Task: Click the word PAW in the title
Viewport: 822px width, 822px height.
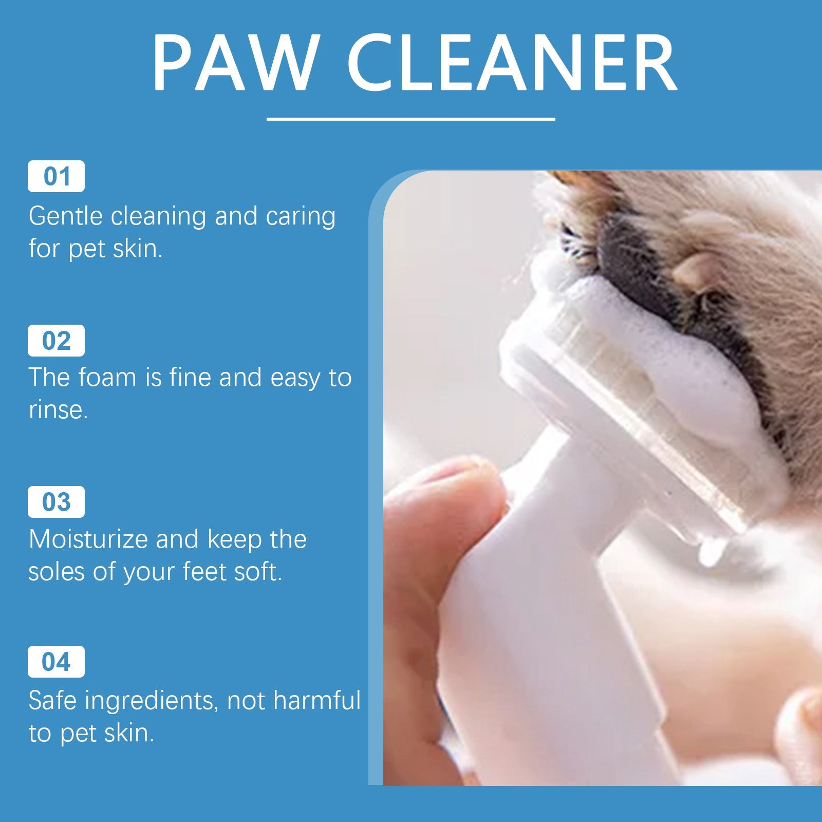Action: pyautogui.click(x=233, y=63)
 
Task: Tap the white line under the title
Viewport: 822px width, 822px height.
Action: pyautogui.click(x=411, y=119)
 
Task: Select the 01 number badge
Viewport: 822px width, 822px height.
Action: pyautogui.click(x=56, y=177)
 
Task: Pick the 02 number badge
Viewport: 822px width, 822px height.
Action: pyautogui.click(x=56, y=341)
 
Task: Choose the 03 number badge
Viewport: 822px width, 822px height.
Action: pyautogui.click(x=56, y=502)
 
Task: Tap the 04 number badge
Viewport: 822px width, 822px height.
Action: pyautogui.click(x=56, y=662)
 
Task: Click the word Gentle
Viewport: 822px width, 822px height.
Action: pyautogui.click(x=66, y=216)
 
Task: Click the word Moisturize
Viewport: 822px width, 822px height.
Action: pyautogui.click(x=88, y=539)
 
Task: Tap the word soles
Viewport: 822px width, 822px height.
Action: pyautogui.click(x=57, y=571)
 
